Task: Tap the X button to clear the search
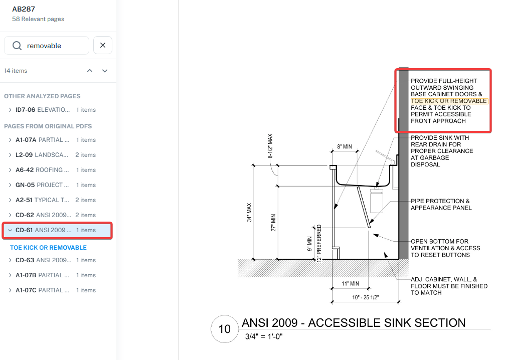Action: pyautogui.click(x=103, y=46)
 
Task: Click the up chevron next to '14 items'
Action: pyautogui.click(x=90, y=71)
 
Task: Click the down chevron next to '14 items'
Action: pyautogui.click(x=105, y=71)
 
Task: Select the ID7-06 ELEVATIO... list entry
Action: pyautogui.click(x=55, y=110)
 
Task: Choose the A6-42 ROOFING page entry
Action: pyautogui.click(x=55, y=170)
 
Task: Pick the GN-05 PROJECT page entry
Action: pyautogui.click(x=55, y=185)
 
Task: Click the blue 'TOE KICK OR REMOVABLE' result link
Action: pyautogui.click(x=48, y=248)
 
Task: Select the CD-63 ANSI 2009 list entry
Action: pyautogui.click(x=55, y=260)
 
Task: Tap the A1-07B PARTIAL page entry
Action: pyautogui.click(x=55, y=275)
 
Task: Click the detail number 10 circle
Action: pyautogui.click(x=224, y=329)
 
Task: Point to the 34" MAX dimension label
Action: pyautogui.click(x=249, y=213)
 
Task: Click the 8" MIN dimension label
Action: pyautogui.click(x=344, y=147)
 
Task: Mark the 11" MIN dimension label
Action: pyautogui.click(x=350, y=284)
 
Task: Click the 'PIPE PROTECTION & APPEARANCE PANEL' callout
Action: pyautogui.click(x=441, y=205)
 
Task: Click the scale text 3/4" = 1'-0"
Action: pyautogui.click(x=264, y=336)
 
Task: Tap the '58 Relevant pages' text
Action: pyautogui.click(x=38, y=19)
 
